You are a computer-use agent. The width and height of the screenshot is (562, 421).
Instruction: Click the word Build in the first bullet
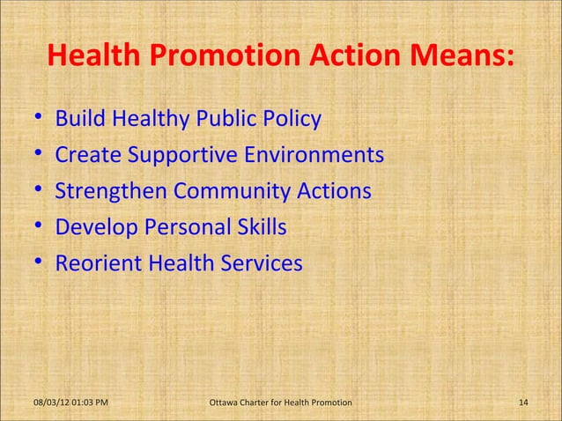[78, 119]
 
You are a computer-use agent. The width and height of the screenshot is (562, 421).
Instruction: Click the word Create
[89, 155]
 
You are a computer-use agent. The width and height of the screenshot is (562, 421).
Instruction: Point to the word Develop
[93, 227]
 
